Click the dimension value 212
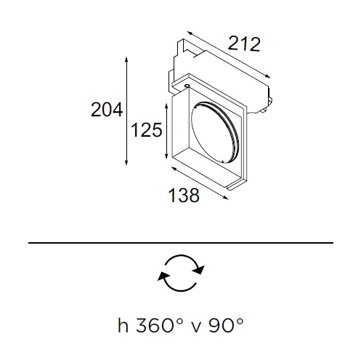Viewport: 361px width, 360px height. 244,44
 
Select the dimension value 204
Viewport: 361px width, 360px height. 107,110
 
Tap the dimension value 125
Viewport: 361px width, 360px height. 146,129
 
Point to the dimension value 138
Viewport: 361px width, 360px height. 184,195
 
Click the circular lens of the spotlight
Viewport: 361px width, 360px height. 215,132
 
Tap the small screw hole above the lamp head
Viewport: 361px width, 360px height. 187,86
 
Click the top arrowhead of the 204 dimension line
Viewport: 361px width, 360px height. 126,60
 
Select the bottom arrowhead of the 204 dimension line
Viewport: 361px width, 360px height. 126,163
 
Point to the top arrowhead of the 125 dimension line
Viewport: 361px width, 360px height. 166,106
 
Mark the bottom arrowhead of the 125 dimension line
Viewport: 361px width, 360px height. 166,156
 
